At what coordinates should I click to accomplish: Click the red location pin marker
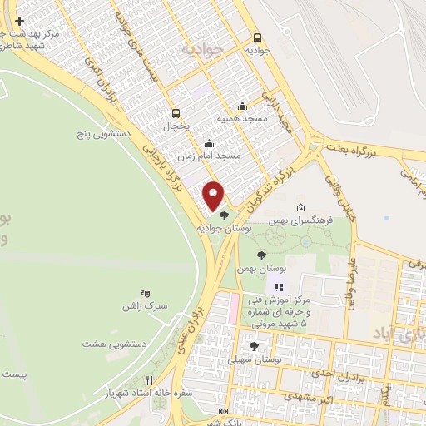click(214, 195)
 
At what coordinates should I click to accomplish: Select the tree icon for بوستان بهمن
click(261, 255)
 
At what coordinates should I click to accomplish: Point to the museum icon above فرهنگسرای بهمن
click(300, 208)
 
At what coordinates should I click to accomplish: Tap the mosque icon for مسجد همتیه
click(242, 106)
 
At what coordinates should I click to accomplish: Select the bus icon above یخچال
click(175, 113)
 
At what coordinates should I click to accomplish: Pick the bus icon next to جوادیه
click(257, 37)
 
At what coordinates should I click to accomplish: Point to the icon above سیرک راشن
click(145, 293)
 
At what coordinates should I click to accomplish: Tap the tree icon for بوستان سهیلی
click(254, 346)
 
